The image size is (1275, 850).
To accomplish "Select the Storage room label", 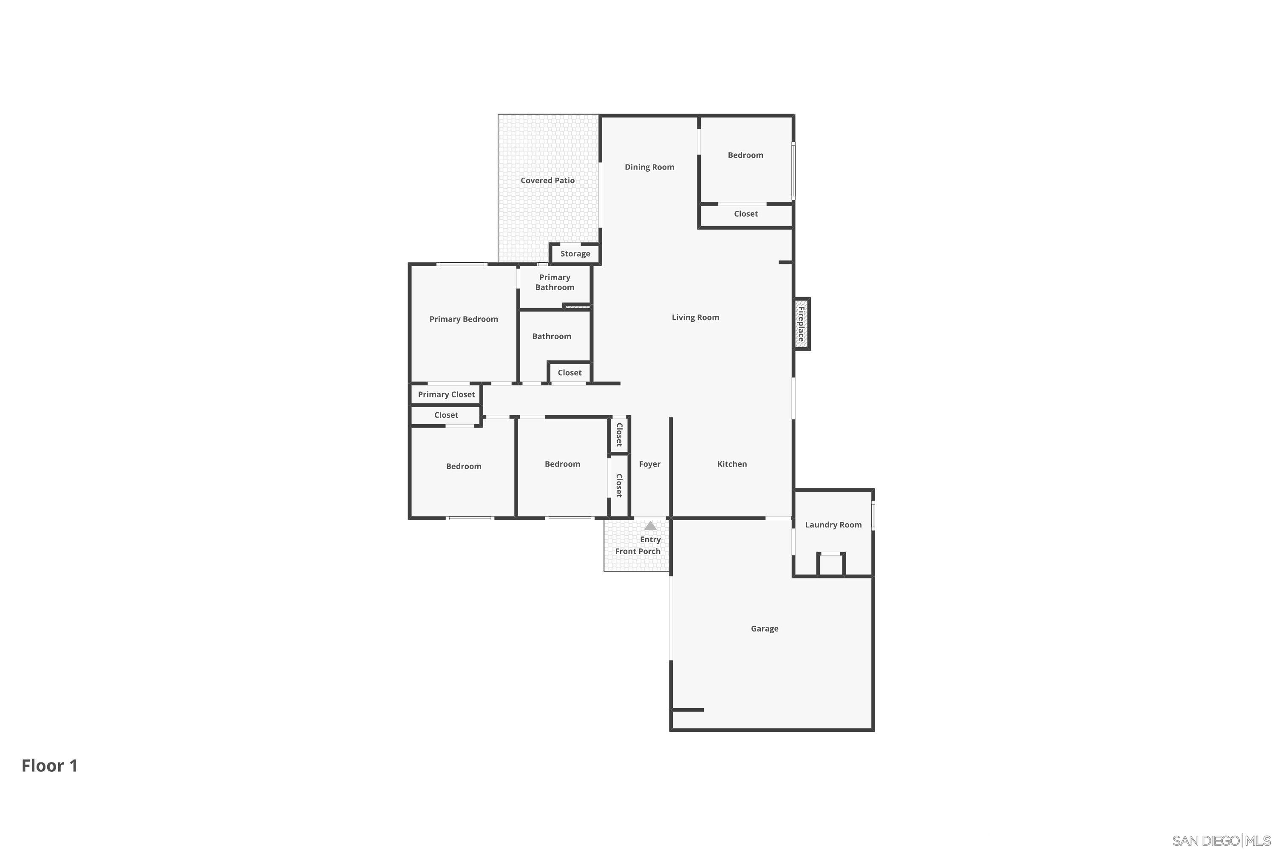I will tap(575, 254).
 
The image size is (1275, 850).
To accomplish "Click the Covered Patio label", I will tap(547, 181).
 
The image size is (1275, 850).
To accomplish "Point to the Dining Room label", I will tap(649, 167).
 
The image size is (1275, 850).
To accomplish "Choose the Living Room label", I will tap(695, 317).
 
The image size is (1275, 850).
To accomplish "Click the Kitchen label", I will tap(732, 464).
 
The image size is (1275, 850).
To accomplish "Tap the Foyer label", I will tap(649, 464).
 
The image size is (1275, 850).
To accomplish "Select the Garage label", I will tap(764, 629).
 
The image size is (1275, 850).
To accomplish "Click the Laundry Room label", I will tap(833, 525).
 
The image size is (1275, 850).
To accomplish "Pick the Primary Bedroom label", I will tap(464, 319).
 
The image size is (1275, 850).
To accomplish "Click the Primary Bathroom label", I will tap(555, 283).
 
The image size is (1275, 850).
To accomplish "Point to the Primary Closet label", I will tap(446, 395).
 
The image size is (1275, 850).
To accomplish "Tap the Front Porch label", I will tap(637, 551).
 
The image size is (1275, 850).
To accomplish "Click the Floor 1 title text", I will tap(50, 765).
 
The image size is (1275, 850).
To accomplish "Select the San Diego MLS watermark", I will tap(1221, 841).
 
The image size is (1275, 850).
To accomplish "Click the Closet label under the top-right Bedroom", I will tap(746, 214).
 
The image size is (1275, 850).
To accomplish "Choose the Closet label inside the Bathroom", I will tap(569, 373).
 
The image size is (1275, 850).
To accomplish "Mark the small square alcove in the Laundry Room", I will tap(830, 565).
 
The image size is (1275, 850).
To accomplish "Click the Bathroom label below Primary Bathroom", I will tap(551, 337).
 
